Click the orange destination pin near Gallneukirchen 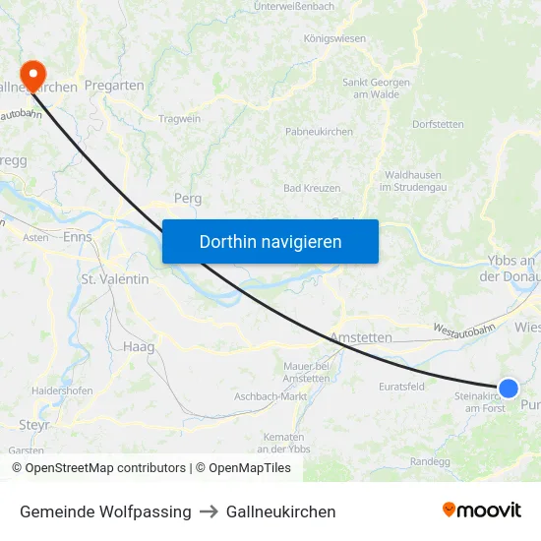(x=32, y=74)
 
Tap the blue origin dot (x=509, y=389)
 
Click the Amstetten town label (x=360, y=337)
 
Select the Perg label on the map (x=187, y=198)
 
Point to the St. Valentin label (x=115, y=279)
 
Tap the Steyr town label (x=34, y=425)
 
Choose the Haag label (x=139, y=346)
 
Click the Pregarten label (x=114, y=86)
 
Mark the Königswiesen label (x=334, y=38)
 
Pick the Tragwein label (x=179, y=119)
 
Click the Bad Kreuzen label (x=312, y=188)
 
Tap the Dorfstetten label (x=438, y=125)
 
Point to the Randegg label (x=430, y=461)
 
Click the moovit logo (x=481, y=511)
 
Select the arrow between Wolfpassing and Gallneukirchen (x=209, y=511)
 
